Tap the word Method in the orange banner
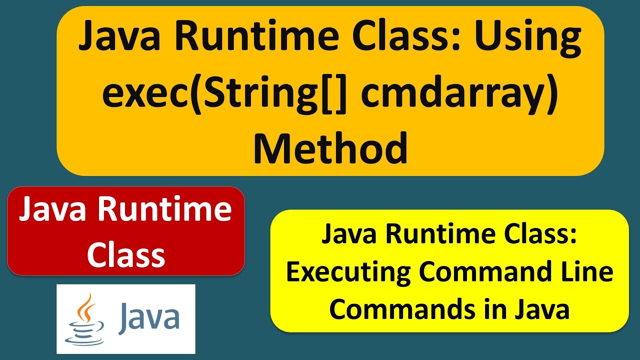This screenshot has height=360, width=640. click(330, 149)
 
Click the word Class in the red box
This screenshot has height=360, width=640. click(126, 254)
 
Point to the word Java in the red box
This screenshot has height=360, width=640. click(53, 210)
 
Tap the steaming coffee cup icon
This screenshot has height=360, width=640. click(85, 320)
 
